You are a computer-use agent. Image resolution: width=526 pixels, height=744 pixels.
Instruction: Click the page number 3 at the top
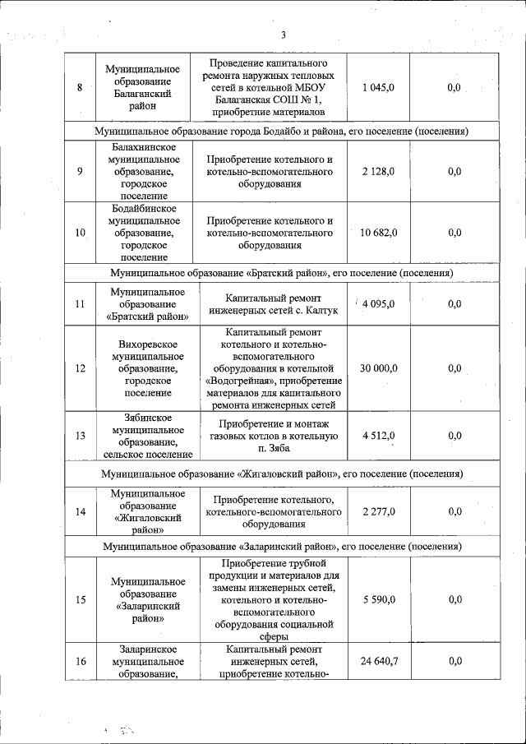[282, 35]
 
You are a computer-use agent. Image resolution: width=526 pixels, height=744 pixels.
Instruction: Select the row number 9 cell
[80, 171]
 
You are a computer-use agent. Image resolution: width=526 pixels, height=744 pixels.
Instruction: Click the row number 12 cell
[80, 368]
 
